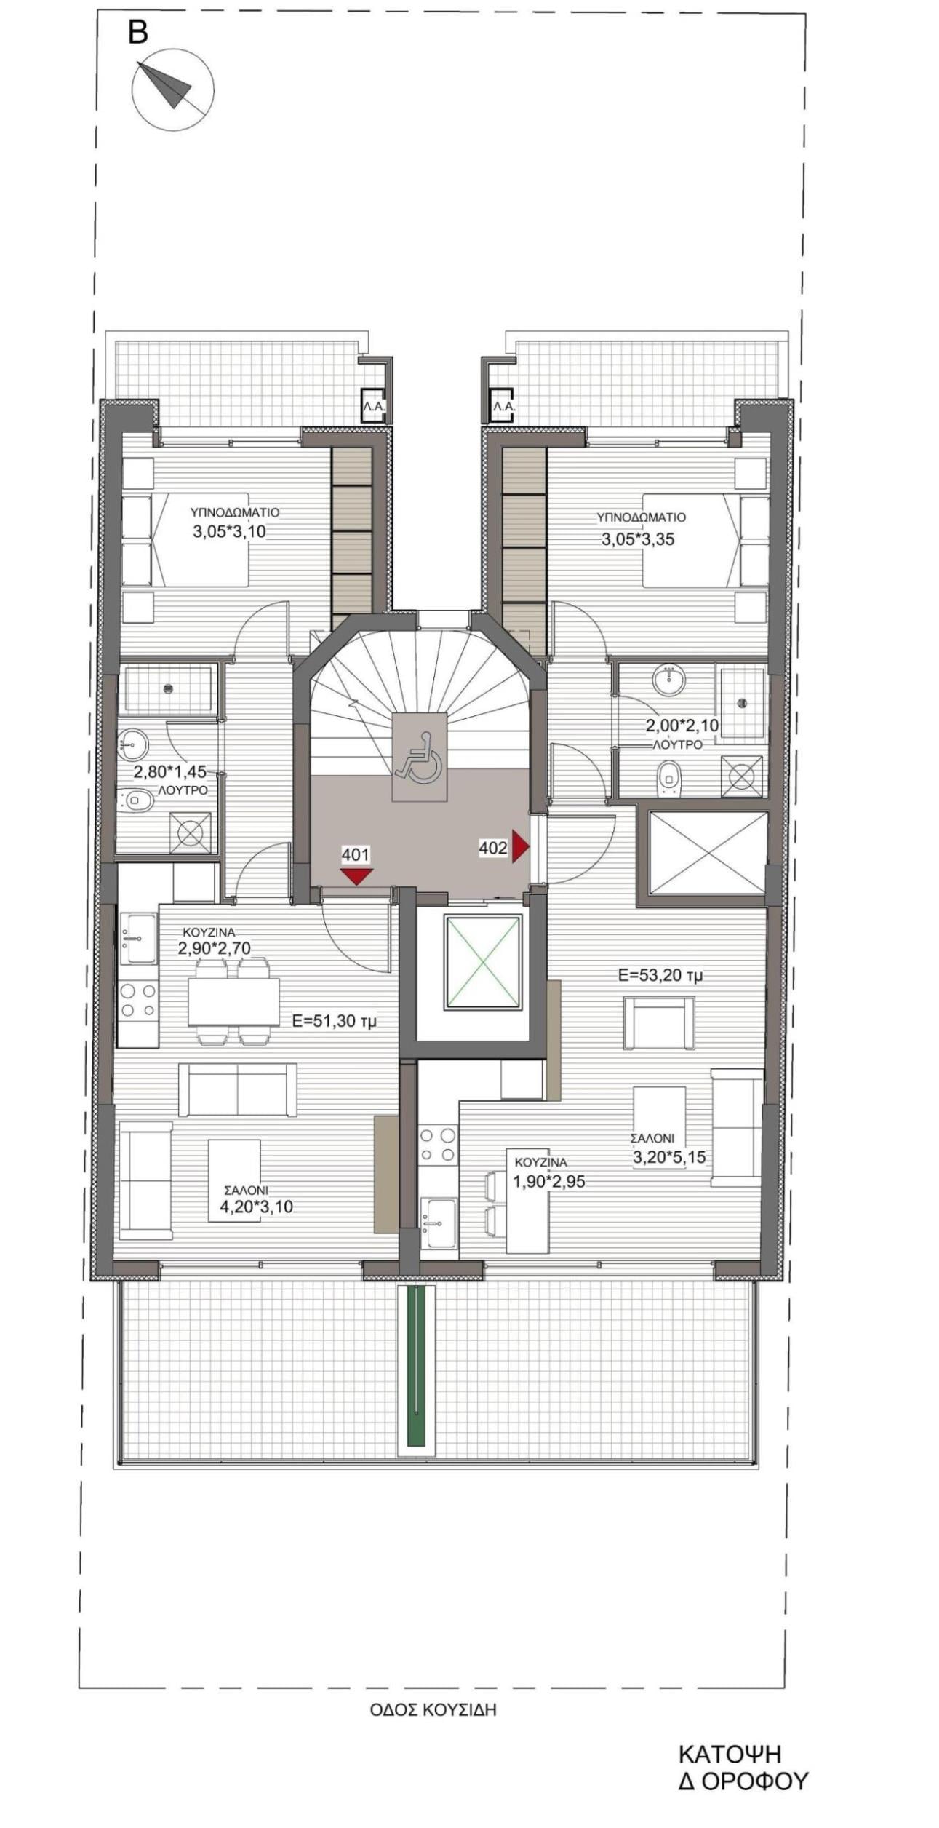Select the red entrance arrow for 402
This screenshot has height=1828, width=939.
point(520,846)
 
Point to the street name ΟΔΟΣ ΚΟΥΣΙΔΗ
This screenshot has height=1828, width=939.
point(433,1710)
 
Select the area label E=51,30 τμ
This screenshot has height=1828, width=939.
point(335,1021)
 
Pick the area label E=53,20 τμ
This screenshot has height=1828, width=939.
point(660,976)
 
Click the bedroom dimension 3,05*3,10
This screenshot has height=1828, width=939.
point(229,532)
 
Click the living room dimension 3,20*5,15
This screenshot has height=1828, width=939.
point(668,1156)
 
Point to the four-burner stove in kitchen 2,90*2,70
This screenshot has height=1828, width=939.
point(138,999)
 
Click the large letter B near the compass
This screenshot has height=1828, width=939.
point(137,32)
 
